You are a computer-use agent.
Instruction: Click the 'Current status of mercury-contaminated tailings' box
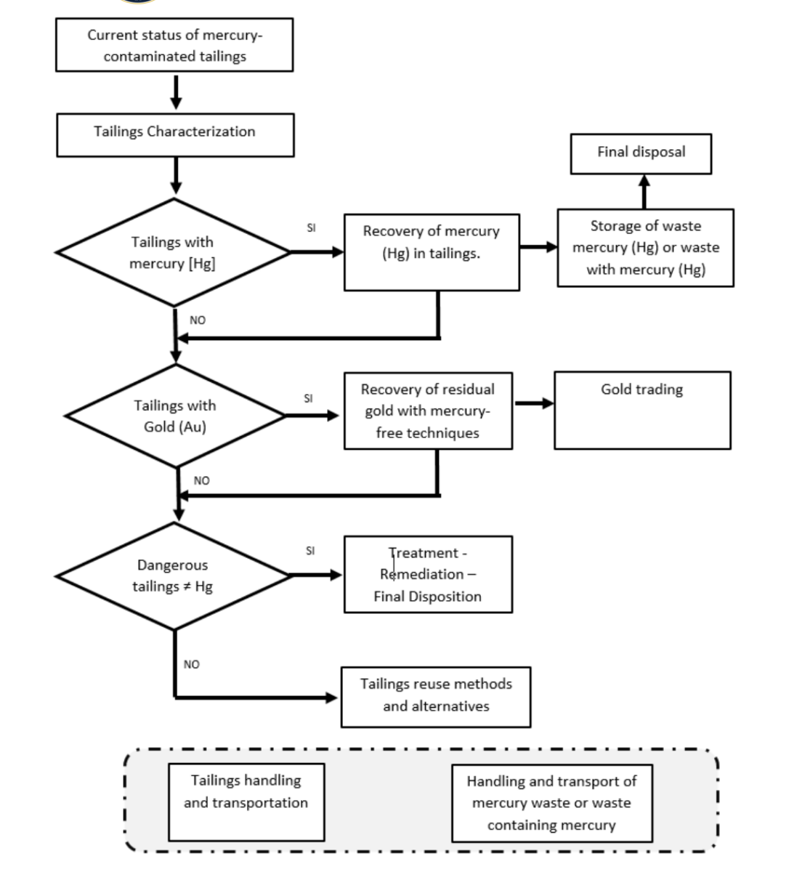click(x=174, y=45)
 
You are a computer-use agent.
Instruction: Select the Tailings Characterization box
click(x=175, y=134)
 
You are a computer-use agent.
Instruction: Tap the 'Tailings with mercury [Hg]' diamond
click(x=174, y=252)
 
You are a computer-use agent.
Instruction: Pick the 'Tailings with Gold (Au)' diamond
click(x=175, y=416)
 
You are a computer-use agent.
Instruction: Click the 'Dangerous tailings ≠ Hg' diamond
click(x=174, y=576)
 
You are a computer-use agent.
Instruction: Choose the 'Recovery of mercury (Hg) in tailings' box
click(x=432, y=252)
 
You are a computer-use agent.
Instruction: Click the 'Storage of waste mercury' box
click(x=645, y=248)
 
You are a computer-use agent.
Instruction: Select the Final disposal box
click(x=641, y=153)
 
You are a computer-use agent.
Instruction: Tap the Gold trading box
click(x=643, y=411)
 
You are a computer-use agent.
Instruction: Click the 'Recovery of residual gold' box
click(x=428, y=411)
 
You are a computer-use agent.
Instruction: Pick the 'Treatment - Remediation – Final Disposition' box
click(x=428, y=574)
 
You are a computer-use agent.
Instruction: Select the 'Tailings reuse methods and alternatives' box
click(x=436, y=698)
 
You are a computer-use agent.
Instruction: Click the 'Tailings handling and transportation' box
click(x=246, y=802)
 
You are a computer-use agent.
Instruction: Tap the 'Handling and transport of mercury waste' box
click(x=552, y=803)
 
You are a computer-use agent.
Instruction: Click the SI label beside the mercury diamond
click(x=311, y=228)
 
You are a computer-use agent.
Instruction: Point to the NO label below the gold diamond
click(x=202, y=481)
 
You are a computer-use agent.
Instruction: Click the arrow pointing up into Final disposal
click(x=644, y=192)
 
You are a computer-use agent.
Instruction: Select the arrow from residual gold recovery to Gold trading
click(x=534, y=403)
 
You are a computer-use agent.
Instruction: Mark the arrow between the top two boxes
click(x=176, y=92)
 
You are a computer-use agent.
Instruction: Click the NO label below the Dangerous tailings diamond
click(x=191, y=664)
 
